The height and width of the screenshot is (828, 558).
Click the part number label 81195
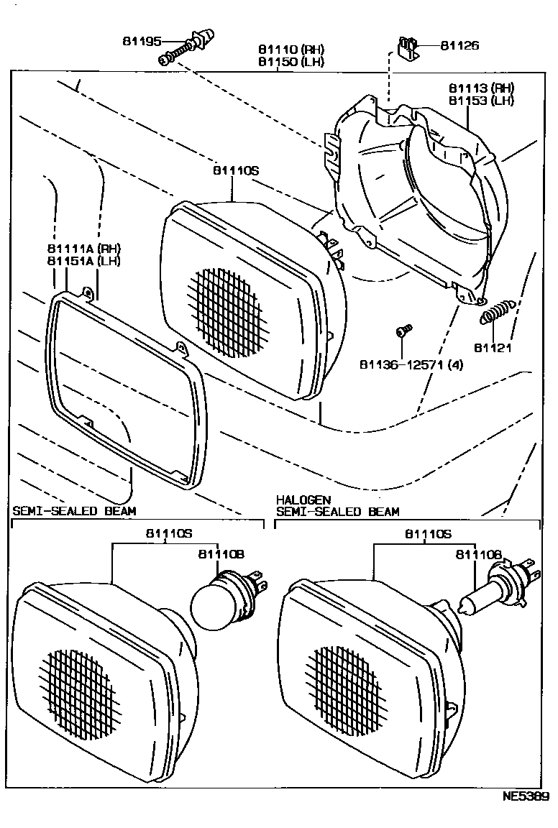142,42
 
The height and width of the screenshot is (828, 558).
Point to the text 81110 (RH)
291,50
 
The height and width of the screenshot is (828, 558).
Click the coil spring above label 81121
496,312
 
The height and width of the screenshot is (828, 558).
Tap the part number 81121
493,348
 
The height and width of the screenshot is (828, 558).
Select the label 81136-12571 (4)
411,364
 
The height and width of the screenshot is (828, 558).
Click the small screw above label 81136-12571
403,331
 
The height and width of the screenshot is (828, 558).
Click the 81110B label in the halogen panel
478,554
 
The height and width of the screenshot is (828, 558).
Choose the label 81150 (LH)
291,62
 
